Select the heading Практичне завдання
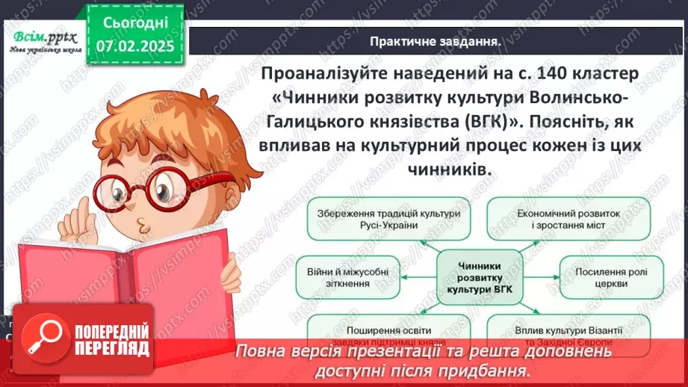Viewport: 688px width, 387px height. tap(436, 42)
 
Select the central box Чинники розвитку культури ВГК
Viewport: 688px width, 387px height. tap(478, 276)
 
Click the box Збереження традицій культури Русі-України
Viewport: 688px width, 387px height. tap(383, 219)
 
